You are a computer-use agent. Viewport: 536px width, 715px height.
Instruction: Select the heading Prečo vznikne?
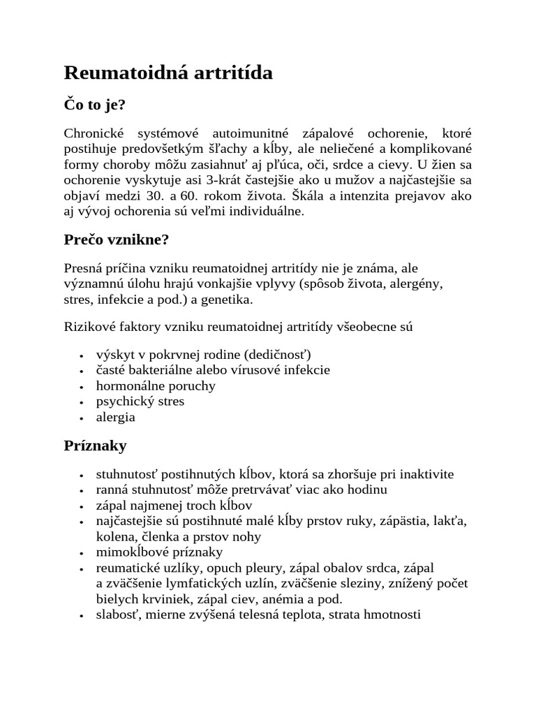tap(117, 239)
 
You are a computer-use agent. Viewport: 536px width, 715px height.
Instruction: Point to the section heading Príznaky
tap(95, 445)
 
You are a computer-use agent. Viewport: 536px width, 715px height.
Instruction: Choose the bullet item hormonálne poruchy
tap(156, 385)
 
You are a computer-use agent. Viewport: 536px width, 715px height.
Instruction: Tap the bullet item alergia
tap(115, 418)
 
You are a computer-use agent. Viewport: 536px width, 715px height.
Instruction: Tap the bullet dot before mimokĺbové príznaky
tap(82, 553)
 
